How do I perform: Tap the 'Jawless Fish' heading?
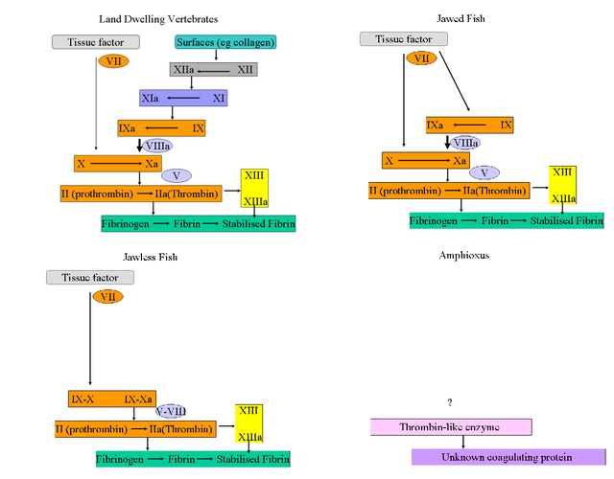pyautogui.click(x=151, y=257)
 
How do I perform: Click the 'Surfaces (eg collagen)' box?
pyautogui.click(x=225, y=42)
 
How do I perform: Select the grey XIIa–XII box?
pyautogui.click(x=213, y=70)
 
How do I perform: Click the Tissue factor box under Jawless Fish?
pyautogui.click(x=90, y=277)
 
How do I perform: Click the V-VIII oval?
pyautogui.click(x=172, y=410)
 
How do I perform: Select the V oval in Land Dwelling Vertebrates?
pyautogui.click(x=177, y=175)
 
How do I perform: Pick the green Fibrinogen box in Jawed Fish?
pyautogui.click(x=507, y=220)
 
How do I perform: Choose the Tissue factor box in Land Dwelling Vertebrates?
pyautogui.click(x=95, y=42)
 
